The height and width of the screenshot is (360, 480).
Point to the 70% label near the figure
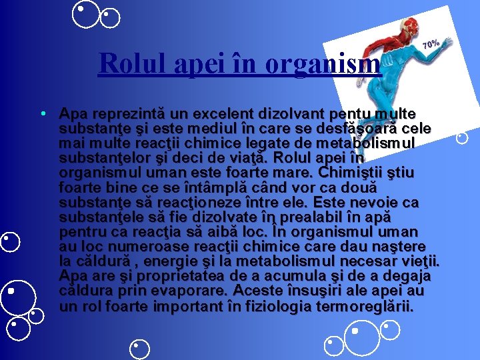(x=431, y=45)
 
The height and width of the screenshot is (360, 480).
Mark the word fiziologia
(x=275, y=307)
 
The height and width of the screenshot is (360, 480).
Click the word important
(x=186, y=307)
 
